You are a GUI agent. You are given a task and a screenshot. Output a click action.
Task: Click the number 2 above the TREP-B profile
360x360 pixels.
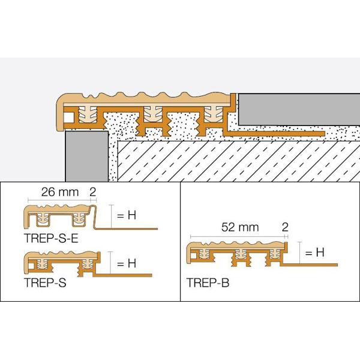(284, 228)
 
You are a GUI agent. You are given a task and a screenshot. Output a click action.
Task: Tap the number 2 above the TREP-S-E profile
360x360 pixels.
(92, 193)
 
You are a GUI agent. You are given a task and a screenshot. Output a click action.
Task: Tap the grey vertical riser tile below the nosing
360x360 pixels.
(84, 156)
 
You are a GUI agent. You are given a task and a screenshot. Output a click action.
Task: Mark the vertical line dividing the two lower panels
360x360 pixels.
(181, 240)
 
